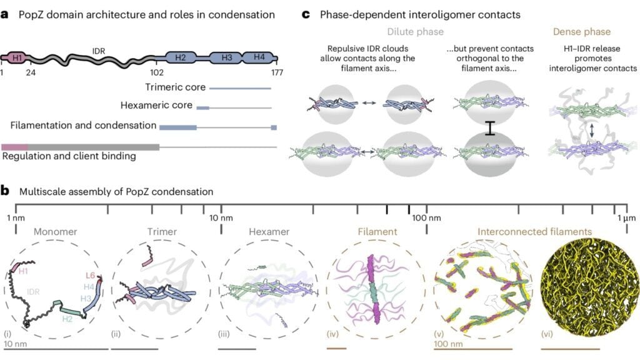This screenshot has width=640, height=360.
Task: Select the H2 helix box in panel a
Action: (x=181, y=58)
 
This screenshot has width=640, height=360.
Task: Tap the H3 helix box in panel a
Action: (x=227, y=58)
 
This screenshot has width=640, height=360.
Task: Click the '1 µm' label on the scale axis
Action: (x=626, y=217)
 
